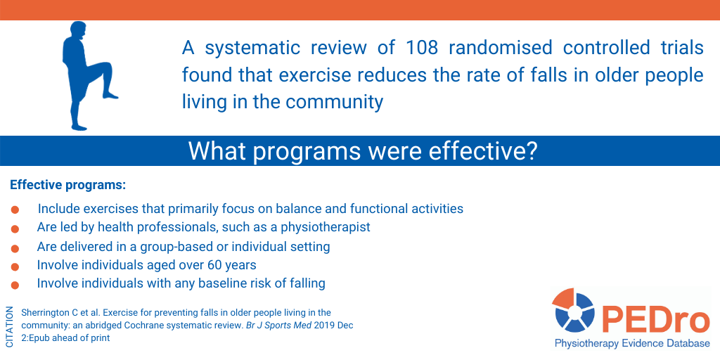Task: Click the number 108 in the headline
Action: coord(422,48)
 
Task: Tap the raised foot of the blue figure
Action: coord(110,95)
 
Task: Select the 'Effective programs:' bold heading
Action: coord(67,186)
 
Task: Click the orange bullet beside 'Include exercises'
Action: coord(15,210)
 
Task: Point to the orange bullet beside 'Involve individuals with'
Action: coord(15,285)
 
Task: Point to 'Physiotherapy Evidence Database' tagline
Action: coord(632,343)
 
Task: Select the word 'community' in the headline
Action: coord(335,102)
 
